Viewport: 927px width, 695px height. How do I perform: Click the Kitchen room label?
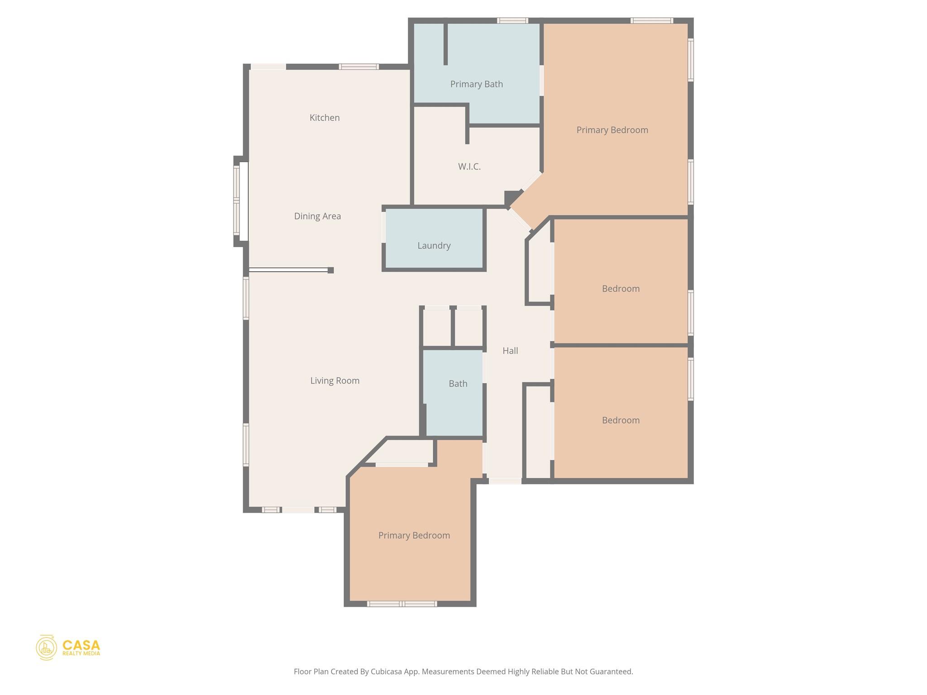(325, 118)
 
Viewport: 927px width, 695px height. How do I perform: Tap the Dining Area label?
(317, 216)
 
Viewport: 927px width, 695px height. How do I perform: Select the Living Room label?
(334, 381)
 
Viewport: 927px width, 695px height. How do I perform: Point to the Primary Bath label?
(476, 84)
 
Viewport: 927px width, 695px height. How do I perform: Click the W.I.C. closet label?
(469, 167)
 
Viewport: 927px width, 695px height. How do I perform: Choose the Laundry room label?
(434, 246)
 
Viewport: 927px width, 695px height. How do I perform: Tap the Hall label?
(510, 351)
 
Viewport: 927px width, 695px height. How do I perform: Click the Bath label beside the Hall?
(458, 384)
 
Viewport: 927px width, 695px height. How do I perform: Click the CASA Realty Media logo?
(68, 647)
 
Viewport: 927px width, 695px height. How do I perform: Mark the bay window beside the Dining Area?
(240, 201)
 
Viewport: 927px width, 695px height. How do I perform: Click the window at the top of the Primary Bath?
(512, 21)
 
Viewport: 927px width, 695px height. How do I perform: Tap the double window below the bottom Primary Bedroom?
(402, 604)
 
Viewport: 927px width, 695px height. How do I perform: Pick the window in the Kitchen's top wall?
(359, 67)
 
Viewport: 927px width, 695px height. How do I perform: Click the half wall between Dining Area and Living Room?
(290, 270)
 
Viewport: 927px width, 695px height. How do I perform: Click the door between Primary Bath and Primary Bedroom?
(541, 81)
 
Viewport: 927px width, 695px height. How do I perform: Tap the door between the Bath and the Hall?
(485, 367)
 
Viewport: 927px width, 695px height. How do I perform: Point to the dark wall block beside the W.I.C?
(511, 198)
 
